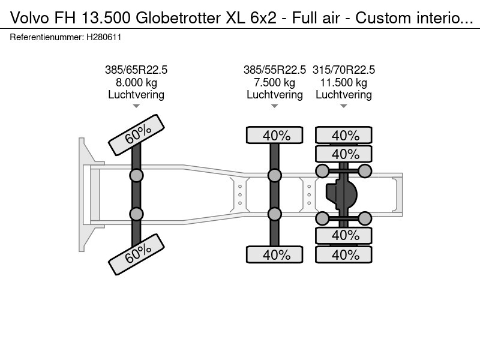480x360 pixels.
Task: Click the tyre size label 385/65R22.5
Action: click(136, 70)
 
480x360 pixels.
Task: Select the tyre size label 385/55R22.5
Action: click(275, 70)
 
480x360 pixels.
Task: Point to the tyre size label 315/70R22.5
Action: click(343, 70)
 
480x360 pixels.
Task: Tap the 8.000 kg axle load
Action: click(136, 83)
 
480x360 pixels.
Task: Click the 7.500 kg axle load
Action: click(275, 83)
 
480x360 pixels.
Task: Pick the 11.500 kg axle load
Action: click(343, 83)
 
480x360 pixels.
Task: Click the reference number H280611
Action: click(104, 37)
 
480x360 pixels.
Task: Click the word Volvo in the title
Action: click(29, 18)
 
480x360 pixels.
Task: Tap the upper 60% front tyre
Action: click(137, 134)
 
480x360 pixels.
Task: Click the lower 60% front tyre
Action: click(137, 254)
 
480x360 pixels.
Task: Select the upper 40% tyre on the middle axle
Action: click(275, 135)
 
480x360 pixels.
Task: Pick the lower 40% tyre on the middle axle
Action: click(275, 254)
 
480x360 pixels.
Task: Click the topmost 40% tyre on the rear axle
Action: click(344, 135)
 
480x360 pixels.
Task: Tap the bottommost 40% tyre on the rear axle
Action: click(344, 254)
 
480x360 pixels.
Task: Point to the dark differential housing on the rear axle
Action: click(341, 194)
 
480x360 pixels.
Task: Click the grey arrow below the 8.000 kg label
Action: click(136, 106)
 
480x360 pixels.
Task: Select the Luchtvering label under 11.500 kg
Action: click(343, 95)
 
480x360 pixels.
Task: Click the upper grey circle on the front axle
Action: click(136, 176)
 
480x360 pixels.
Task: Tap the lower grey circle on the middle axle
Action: click(275, 214)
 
